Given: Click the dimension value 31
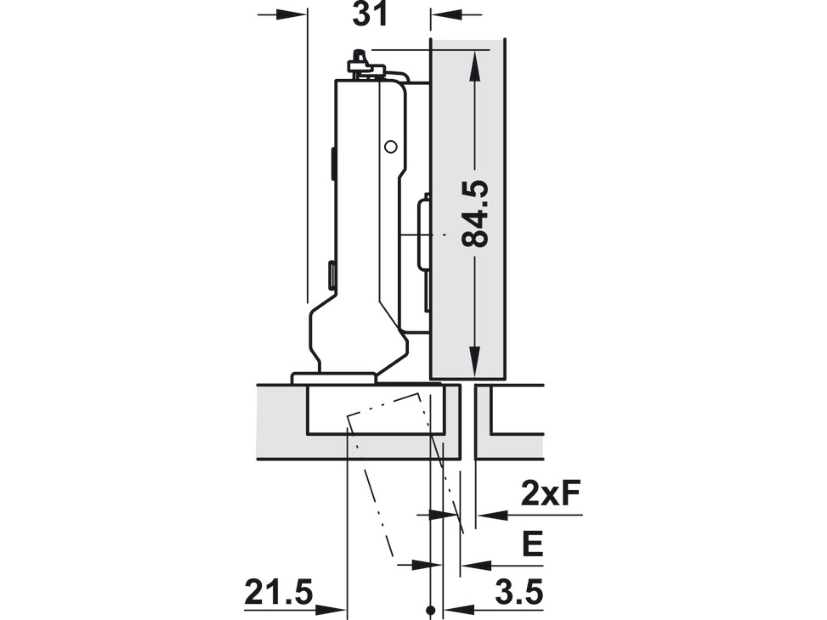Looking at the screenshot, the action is (370, 14).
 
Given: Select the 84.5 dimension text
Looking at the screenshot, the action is (475, 214).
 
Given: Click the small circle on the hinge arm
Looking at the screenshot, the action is (391, 147).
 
